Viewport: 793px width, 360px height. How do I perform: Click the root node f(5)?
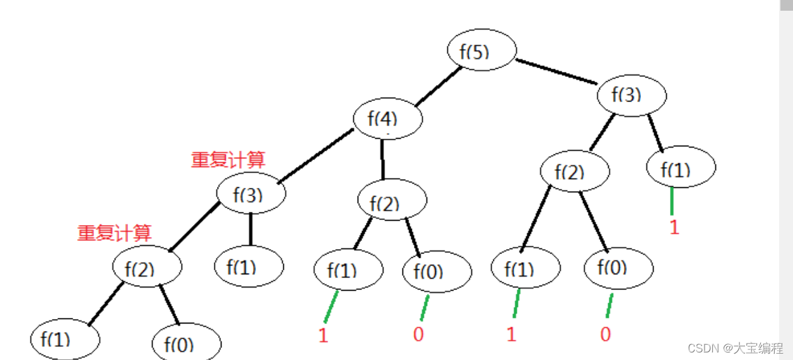[482, 50]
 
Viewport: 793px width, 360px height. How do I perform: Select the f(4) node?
[387, 118]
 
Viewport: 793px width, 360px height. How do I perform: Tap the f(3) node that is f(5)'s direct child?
[632, 95]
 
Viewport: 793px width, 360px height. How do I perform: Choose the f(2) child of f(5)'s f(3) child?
[574, 171]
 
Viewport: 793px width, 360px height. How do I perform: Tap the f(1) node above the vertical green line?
[681, 168]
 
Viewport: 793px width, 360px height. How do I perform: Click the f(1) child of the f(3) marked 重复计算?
[249, 266]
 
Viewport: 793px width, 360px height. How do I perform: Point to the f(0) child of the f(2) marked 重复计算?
[186, 344]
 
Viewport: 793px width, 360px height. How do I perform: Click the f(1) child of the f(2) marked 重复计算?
[65, 340]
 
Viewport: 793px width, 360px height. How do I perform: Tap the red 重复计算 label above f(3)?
[228, 160]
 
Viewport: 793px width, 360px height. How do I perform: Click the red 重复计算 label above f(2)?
[114, 233]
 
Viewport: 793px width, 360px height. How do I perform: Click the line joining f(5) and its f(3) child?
[557, 71]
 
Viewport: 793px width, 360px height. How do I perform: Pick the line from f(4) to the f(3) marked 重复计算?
[314, 156]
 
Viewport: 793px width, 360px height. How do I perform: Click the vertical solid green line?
[672, 201]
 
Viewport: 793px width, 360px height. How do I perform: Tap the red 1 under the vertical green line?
[674, 228]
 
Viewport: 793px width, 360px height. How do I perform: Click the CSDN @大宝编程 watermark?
[734, 347]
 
